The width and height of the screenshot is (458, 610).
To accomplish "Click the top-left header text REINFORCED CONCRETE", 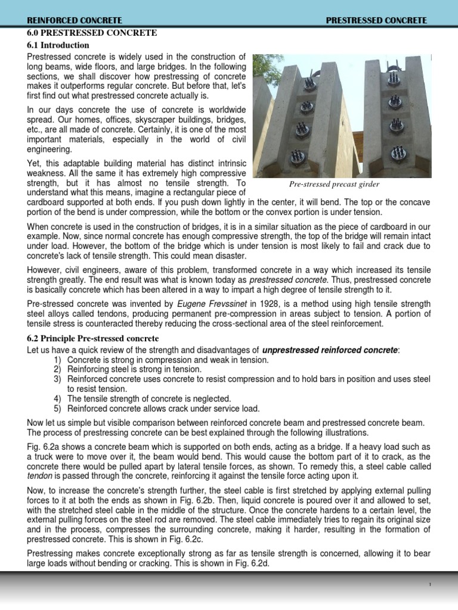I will tap(70, 20).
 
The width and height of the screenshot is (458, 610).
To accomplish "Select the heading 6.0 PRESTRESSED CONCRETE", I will tap(92, 32).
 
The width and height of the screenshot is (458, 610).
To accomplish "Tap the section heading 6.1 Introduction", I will tap(58, 45).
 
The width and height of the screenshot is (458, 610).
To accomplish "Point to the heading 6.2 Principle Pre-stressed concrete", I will tap(92, 338).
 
